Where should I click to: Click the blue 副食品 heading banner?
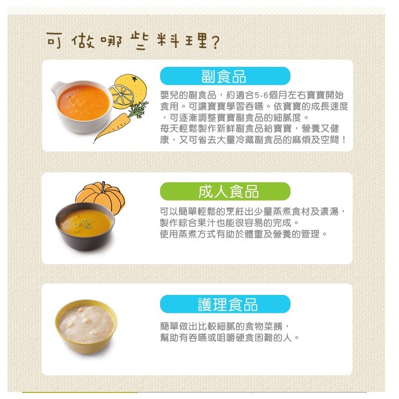pos(225,76)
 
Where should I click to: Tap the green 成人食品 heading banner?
pos(225,191)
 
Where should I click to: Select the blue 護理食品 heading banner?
pos(225,304)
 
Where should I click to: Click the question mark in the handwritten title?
pos(215,43)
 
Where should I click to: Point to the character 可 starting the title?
pos(54,40)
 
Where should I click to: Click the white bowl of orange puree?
pos(82,106)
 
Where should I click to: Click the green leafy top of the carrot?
pos(138,109)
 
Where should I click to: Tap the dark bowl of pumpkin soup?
pos(85,226)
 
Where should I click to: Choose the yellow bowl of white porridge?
pos(86,327)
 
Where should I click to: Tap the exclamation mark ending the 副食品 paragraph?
pos(344,140)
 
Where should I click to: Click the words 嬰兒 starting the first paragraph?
pos(169,95)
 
